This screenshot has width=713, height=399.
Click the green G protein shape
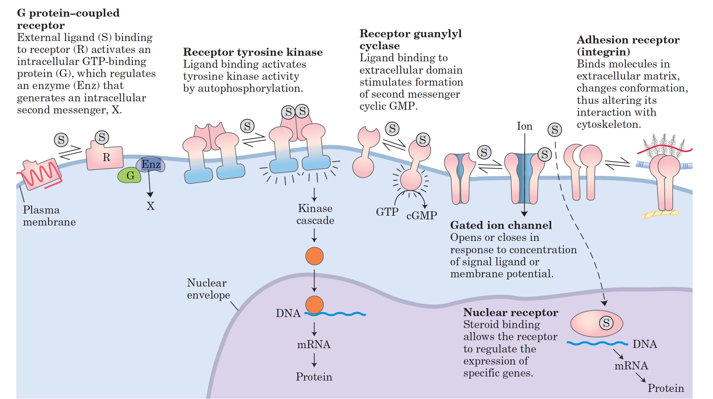(x=129, y=175)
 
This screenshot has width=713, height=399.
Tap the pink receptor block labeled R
(x=105, y=157)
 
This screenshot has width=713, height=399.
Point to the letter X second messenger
(x=150, y=206)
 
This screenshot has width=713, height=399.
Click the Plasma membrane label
(x=49, y=216)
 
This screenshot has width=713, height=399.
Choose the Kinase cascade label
(x=315, y=214)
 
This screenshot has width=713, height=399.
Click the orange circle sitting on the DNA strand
(x=314, y=304)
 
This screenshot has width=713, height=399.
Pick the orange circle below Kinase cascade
(x=314, y=256)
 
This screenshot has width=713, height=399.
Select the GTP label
(x=387, y=212)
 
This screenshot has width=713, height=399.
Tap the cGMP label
(x=422, y=215)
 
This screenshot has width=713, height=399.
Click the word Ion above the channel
(x=524, y=126)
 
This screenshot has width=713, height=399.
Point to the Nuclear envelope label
(x=208, y=289)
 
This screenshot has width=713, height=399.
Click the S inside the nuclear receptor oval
(x=606, y=323)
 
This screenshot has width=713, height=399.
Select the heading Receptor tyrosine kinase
(x=253, y=52)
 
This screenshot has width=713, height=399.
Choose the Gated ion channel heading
(x=501, y=225)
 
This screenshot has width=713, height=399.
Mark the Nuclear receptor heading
(x=511, y=312)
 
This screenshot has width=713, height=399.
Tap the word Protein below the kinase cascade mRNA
(x=314, y=377)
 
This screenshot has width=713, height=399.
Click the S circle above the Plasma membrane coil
(x=61, y=140)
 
